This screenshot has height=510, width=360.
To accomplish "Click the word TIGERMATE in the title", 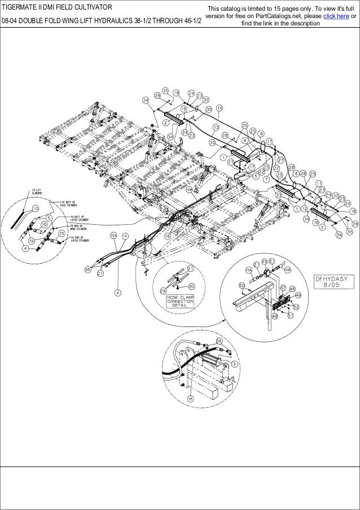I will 21,7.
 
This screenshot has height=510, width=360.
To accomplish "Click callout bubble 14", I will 219,107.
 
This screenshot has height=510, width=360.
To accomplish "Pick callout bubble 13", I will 216,128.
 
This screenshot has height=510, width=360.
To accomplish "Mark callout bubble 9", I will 261,133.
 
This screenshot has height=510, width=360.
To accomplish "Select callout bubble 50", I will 242,287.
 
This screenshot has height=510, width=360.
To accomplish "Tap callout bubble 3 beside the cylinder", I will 235,365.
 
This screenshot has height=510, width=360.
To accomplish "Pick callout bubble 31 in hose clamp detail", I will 191,267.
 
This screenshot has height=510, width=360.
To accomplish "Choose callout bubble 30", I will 192,286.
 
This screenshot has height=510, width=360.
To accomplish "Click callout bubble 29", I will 164,290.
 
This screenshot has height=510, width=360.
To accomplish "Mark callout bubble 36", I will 87,270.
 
